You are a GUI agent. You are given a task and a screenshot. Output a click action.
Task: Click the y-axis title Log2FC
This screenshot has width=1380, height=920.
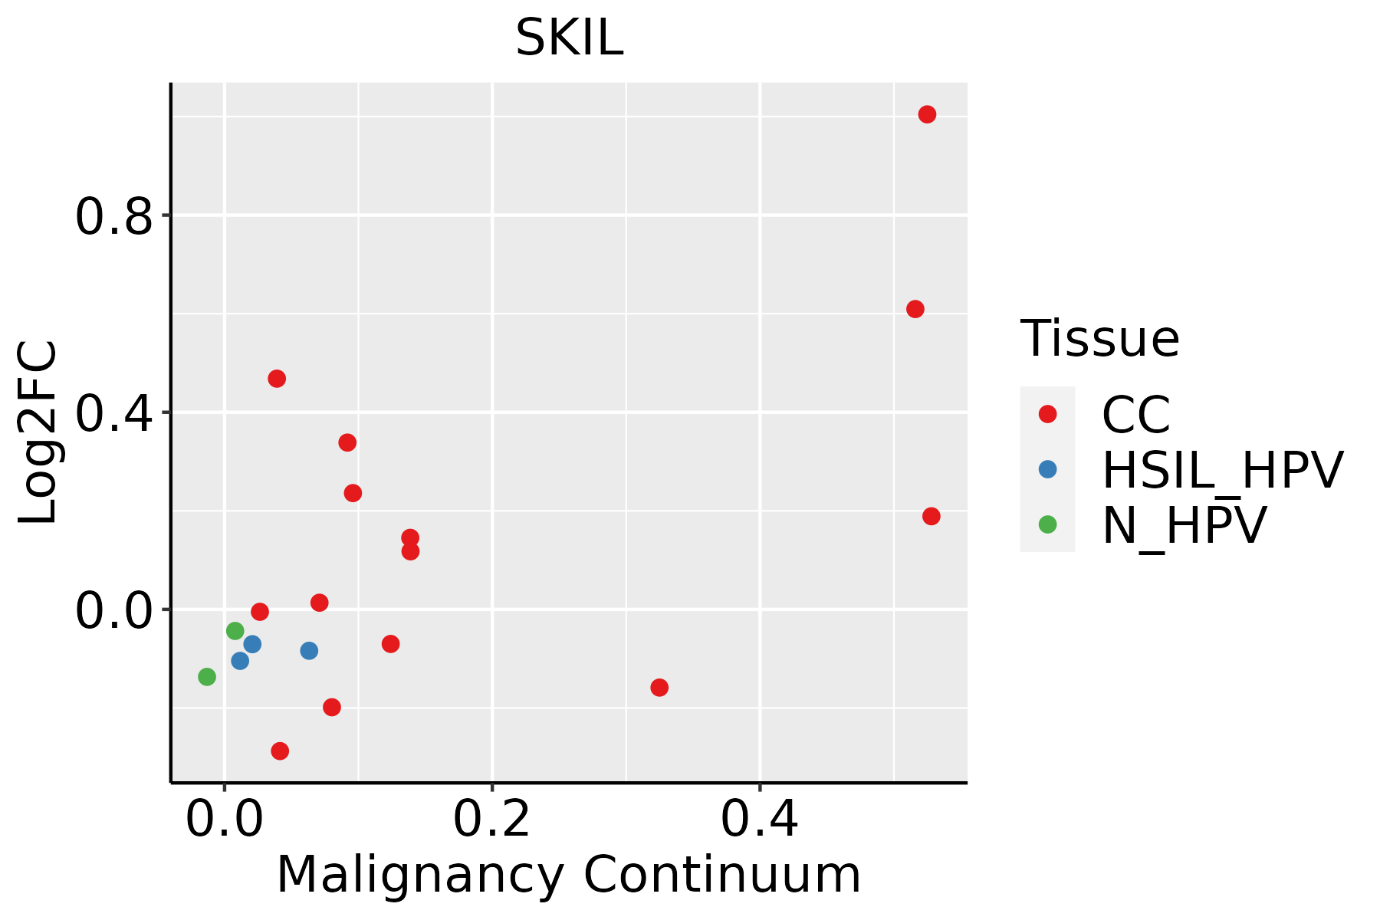click(x=38, y=433)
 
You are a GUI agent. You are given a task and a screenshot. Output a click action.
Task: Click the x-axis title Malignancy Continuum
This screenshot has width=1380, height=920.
click(x=568, y=875)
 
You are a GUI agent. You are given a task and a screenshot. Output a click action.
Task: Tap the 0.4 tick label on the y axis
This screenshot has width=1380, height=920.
click(x=113, y=413)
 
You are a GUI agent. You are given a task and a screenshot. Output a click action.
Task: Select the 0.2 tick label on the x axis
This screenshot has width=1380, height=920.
click(x=491, y=820)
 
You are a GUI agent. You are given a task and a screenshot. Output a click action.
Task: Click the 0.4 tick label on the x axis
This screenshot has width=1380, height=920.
click(x=759, y=820)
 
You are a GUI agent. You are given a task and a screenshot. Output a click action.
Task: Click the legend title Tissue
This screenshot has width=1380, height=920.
click(x=1099, y=338)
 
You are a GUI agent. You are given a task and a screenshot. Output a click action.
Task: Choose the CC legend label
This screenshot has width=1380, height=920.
click(x=1136, y=415)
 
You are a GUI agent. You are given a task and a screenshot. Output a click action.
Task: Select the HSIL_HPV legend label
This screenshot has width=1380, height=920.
click(x=1222, y=470)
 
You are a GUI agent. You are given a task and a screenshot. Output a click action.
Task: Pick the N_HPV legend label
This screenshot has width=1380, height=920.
click(x=1184, y=525)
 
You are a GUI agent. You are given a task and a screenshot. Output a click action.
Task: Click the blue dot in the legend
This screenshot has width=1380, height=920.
click(x=1047, y=469)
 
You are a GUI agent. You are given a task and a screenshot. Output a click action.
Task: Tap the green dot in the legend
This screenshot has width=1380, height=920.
click(x=1047, y=524)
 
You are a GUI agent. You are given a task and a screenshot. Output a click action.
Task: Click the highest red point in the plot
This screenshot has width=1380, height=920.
click(x=927, y=114)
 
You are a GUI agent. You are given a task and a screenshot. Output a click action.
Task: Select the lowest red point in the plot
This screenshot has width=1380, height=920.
click(x=280, y=751)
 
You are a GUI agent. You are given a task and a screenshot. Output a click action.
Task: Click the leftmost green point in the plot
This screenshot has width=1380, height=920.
click(x=207, y=676)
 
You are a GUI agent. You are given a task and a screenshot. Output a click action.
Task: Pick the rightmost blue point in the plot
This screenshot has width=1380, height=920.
click(x=309, y=650)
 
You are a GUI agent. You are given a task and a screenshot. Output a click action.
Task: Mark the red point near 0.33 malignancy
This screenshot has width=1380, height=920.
click(x=659, y=687)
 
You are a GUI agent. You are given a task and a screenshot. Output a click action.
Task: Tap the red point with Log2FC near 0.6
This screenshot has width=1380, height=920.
click(x=915, y=309)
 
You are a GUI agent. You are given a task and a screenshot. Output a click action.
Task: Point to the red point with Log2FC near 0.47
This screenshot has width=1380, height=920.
click(x=277, y=379)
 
